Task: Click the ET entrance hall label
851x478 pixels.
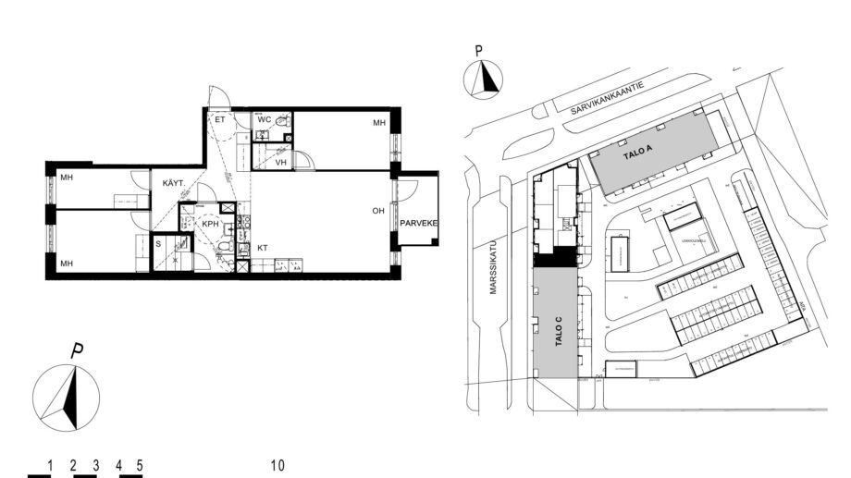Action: click(220, 120)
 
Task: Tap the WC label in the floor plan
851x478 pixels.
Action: click(264, 120)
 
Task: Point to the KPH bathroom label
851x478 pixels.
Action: click(210, 224)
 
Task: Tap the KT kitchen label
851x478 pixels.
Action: click(263, 248)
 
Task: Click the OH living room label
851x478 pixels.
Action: click(377, 211)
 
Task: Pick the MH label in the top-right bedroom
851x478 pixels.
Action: click(378, 123)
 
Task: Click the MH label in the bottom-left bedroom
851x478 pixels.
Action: click(67, 264)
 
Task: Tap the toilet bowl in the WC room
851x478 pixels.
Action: click(284, 120)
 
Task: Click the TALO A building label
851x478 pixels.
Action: click(639, 154)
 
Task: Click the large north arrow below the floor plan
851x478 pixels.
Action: click(67, 397)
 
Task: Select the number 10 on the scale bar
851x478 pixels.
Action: click(277, 465)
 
